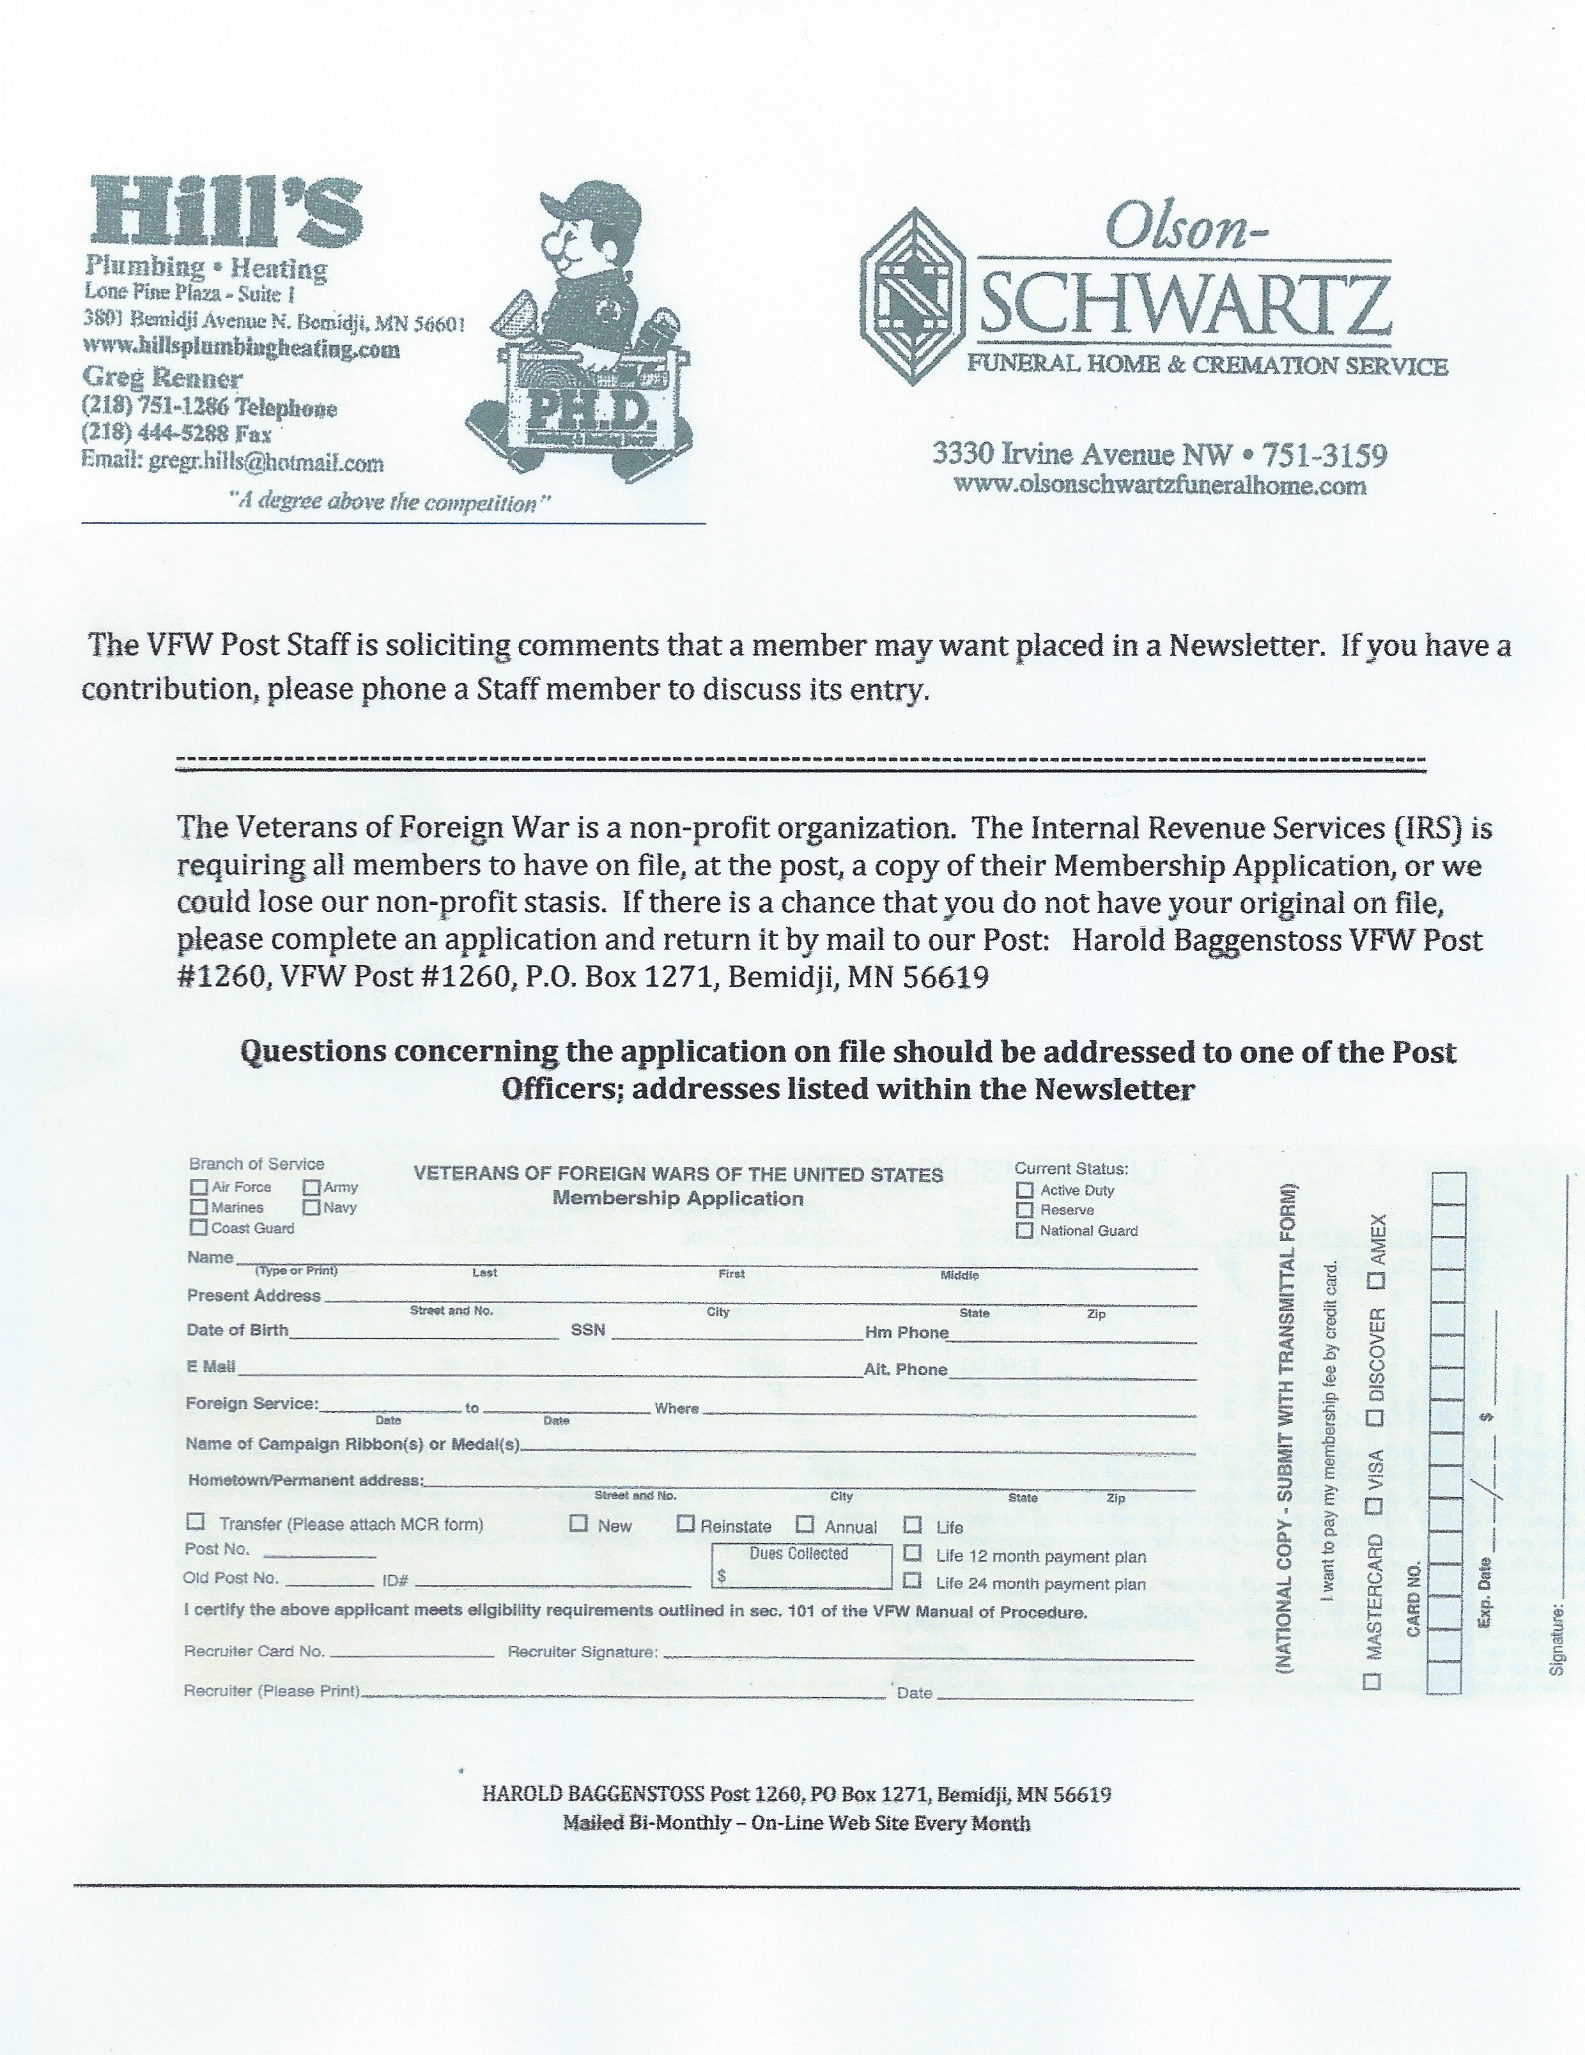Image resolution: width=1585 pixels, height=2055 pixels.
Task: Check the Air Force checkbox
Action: click(x=199, y=1187)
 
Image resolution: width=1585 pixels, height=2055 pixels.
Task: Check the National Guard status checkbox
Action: click(x=1025, y=1230)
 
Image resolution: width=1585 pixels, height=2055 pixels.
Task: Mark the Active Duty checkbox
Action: click(x=1025, y=1190)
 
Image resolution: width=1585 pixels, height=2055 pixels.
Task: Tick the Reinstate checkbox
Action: click(x=686, y=1523)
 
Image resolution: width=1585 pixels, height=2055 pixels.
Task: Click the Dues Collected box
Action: click(x=800, y=1567)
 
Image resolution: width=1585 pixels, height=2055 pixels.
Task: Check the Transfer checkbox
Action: click(x=197, y=1521)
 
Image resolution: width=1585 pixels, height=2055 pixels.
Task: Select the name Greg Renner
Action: click(x=163, y=378)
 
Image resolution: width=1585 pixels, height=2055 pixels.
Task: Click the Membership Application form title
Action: click(x=677, y=1199)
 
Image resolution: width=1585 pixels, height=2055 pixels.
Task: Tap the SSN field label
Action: click(x=587, y=1330)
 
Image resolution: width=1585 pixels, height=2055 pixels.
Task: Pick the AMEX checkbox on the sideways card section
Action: click(x=1377, y=1281)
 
